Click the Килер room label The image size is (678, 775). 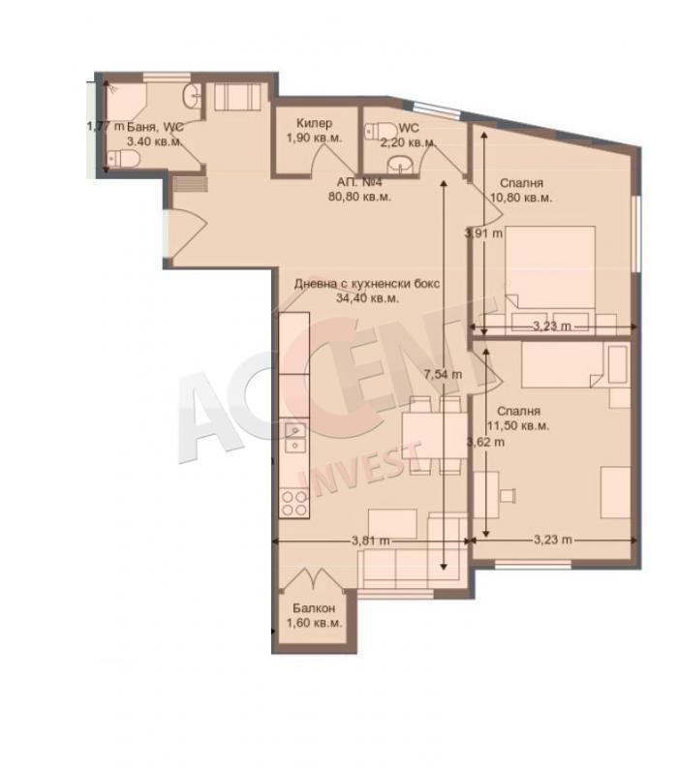[314, 123]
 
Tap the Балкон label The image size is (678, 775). [314, 608]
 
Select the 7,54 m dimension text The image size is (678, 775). [443, 375]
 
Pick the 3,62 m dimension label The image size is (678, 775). [486, 442]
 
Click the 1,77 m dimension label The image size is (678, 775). [106, 127]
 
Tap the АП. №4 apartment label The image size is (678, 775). [359, 182]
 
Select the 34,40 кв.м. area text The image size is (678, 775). [367, 298]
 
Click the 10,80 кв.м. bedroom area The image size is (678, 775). [521, 198]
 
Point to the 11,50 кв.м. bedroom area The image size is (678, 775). [518, 426]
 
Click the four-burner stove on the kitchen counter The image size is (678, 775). [294, 503]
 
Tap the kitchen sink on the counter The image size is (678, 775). [295, 438]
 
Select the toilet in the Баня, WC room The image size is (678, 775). [124, 159]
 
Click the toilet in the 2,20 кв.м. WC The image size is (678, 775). [381, 132]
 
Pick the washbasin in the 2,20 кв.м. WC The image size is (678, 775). [400, 165]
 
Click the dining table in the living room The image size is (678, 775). [435, 436]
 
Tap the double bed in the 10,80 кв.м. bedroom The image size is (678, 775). [550, 278]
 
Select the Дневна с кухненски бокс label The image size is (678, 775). [367, 284]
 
